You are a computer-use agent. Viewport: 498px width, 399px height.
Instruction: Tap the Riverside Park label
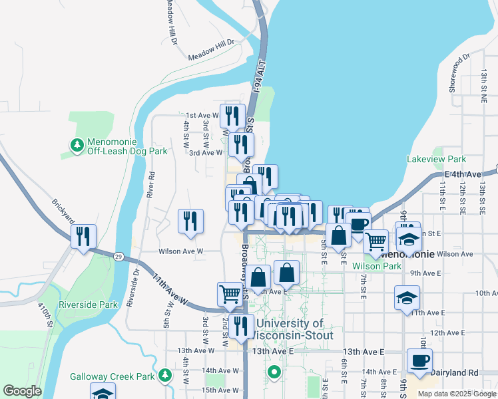(89, 305)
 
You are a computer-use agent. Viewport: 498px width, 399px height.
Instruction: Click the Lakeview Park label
(437, 159)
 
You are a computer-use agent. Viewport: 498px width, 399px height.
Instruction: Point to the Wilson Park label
(377, 266)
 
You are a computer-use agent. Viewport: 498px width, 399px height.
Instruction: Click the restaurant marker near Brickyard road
(84, 237)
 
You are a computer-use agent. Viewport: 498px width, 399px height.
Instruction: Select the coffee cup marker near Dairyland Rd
(419, 361)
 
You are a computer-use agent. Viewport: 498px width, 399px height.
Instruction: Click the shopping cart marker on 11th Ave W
(230, 294)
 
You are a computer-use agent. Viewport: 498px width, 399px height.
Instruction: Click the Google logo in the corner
(22, 391)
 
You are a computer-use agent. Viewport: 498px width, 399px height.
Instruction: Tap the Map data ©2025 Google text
(456, 394)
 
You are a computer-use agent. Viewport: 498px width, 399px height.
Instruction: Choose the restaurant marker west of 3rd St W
(191, 221)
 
